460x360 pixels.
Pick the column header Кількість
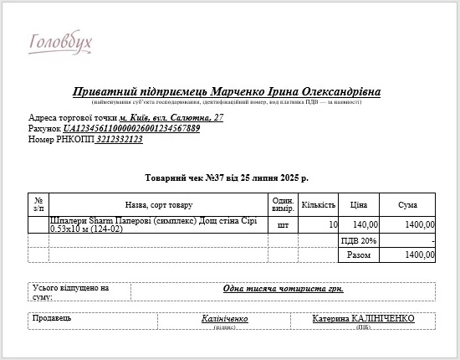318,204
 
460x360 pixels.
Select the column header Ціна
359,204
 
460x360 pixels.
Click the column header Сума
408,204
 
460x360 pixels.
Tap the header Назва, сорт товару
158,204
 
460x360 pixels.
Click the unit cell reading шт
283,224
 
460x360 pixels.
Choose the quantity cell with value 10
333,224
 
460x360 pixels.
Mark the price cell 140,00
365,224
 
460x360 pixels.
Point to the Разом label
358,255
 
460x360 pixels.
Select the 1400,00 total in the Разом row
419,255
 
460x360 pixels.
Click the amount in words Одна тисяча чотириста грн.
283,289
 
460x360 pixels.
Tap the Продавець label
52,318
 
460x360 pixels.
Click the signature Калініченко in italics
225,319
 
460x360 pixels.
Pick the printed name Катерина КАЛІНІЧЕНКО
364,319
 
